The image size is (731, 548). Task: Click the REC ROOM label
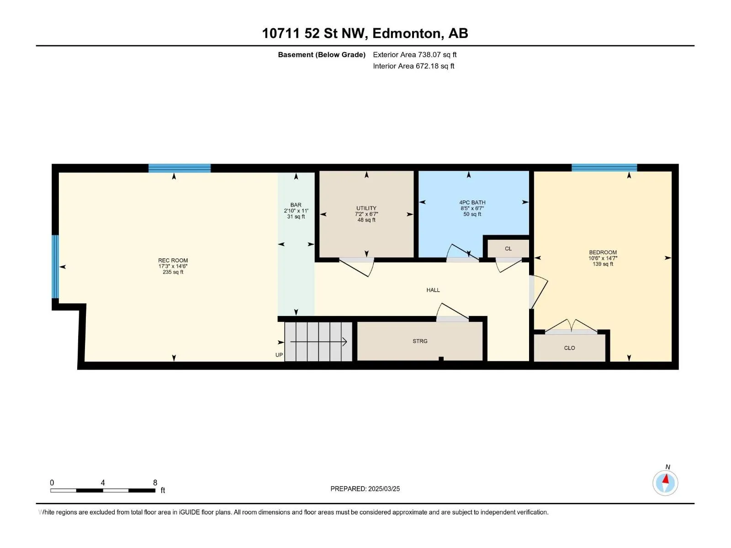pos(173,260)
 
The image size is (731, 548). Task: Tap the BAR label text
pos(296,205)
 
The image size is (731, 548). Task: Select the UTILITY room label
pos(366,208)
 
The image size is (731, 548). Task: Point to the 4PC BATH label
pos(472,202)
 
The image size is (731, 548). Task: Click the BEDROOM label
pos(603,252)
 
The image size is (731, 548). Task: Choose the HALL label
pos(433,290)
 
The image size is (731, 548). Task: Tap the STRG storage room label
pos(420,341)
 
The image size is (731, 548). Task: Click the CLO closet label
pos(569,348)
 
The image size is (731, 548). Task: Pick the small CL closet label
pos(508,248)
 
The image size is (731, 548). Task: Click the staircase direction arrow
pos(319,342)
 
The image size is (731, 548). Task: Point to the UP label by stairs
pos(279,355)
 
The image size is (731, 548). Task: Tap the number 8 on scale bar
pos(155,482)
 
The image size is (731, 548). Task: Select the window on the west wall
pos(55,267)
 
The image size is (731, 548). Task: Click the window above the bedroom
pos(604,167)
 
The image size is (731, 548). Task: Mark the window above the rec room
pos(180,168)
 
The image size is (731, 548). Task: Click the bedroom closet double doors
pos(571,326)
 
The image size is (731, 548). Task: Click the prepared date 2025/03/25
pos(384,489)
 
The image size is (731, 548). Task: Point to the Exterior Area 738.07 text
pos(415,54)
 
